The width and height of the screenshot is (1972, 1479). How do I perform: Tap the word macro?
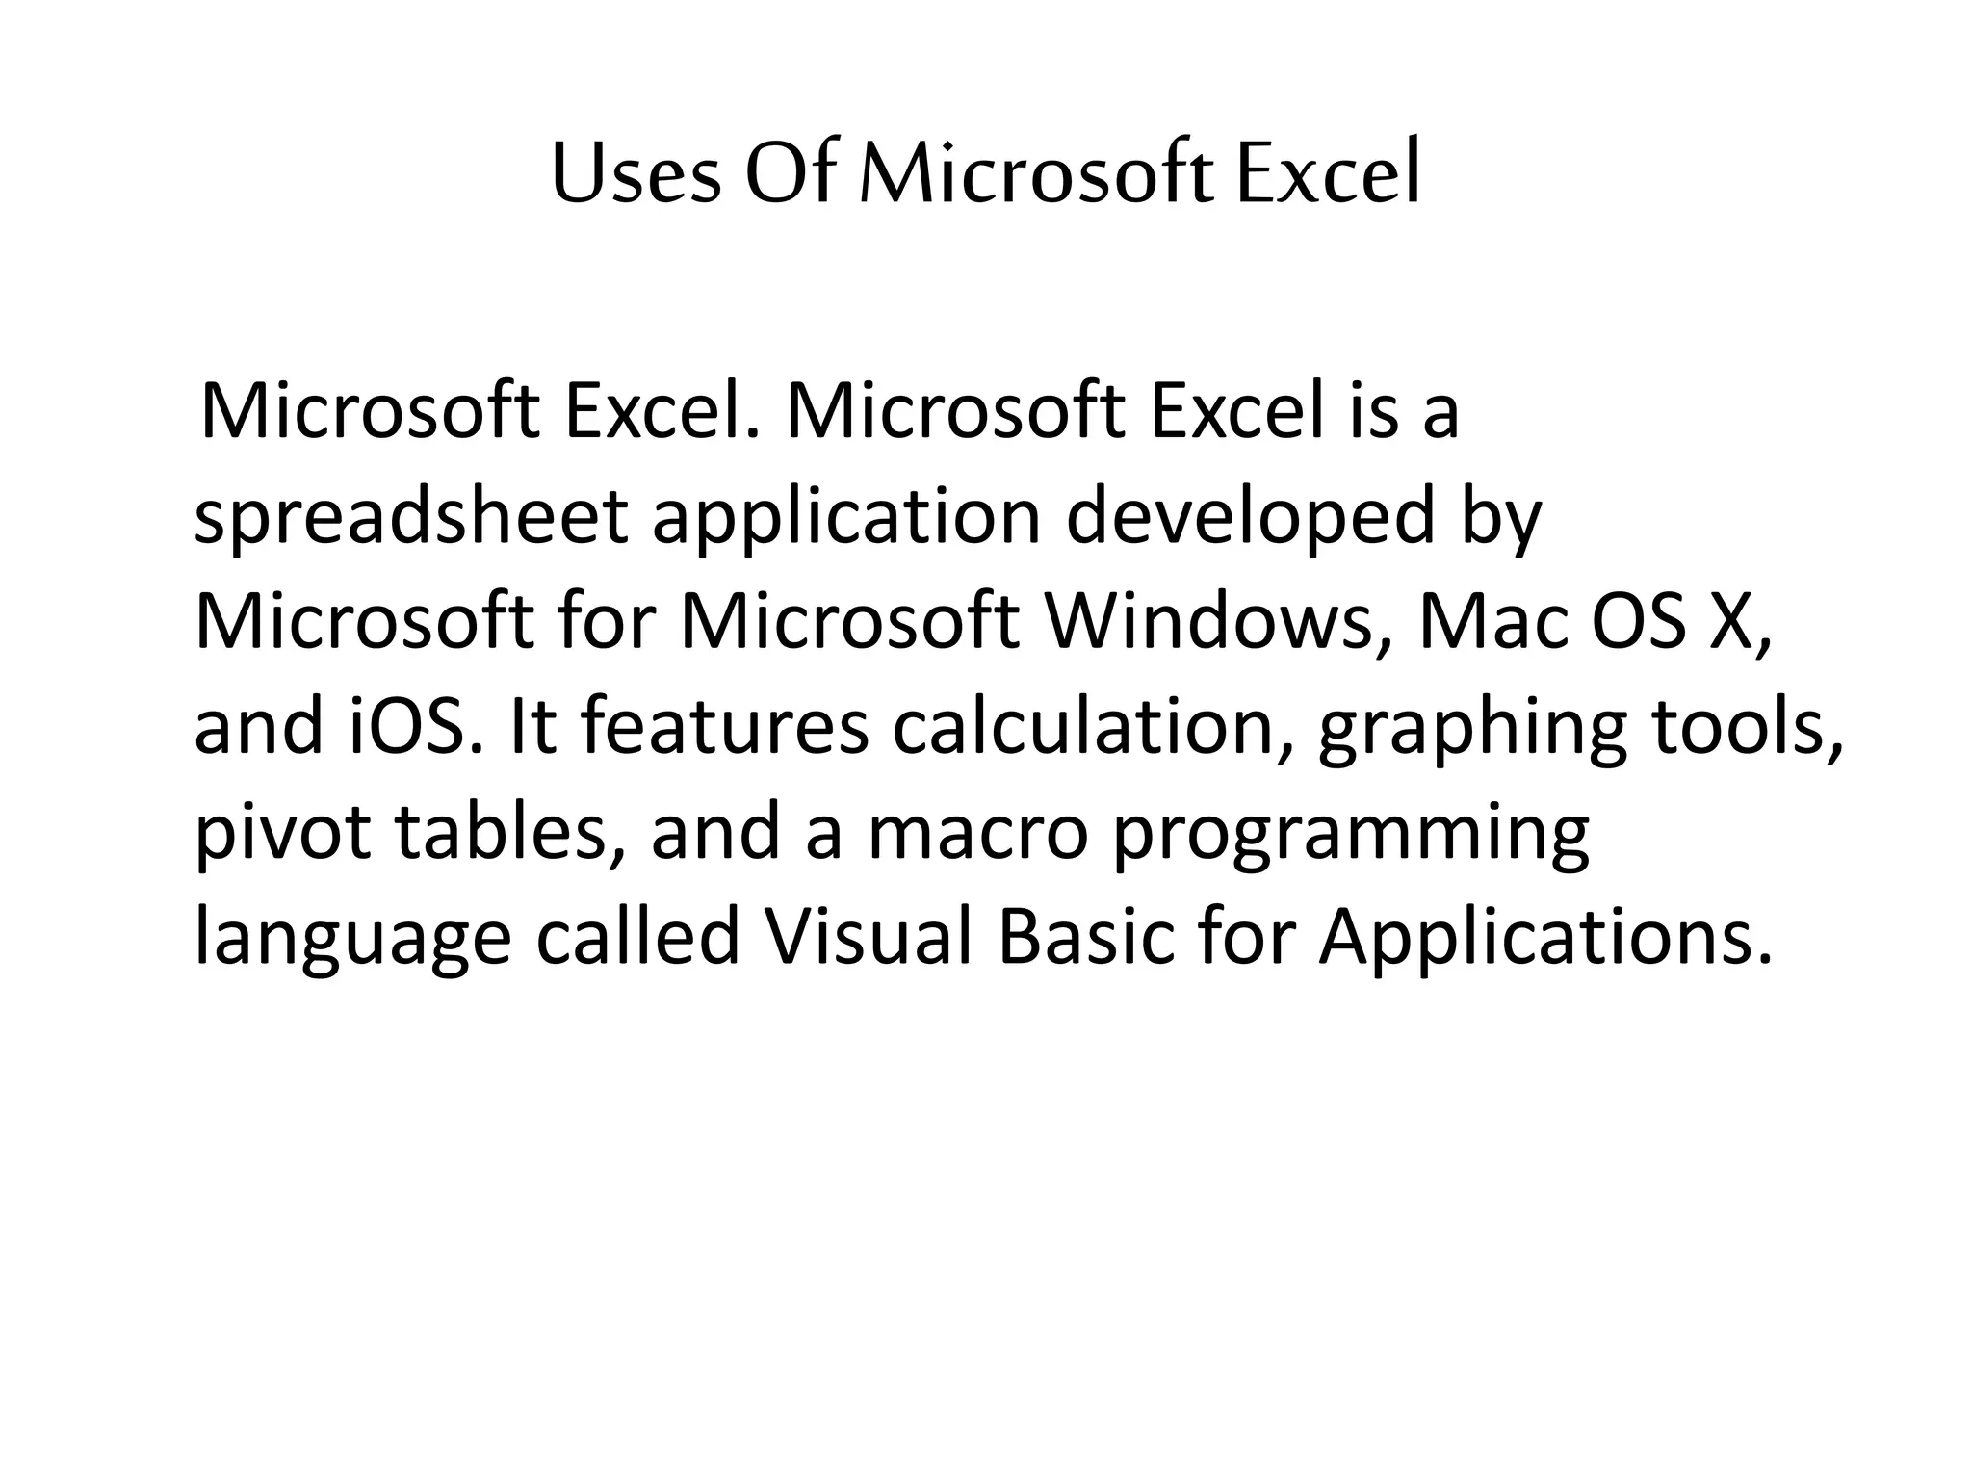pyautogui.click(x=978, y=834)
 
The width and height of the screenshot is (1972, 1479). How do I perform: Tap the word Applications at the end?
pyautogui.click(x=1544, y=940)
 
